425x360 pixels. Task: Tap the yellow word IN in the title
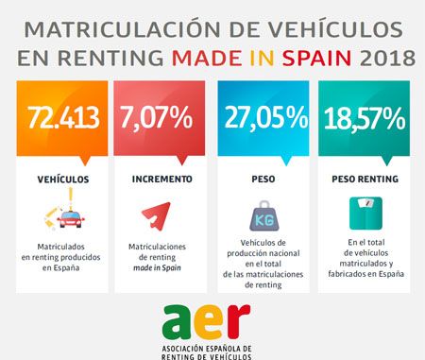point(263,59)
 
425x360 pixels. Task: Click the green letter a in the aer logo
point(178,322)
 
